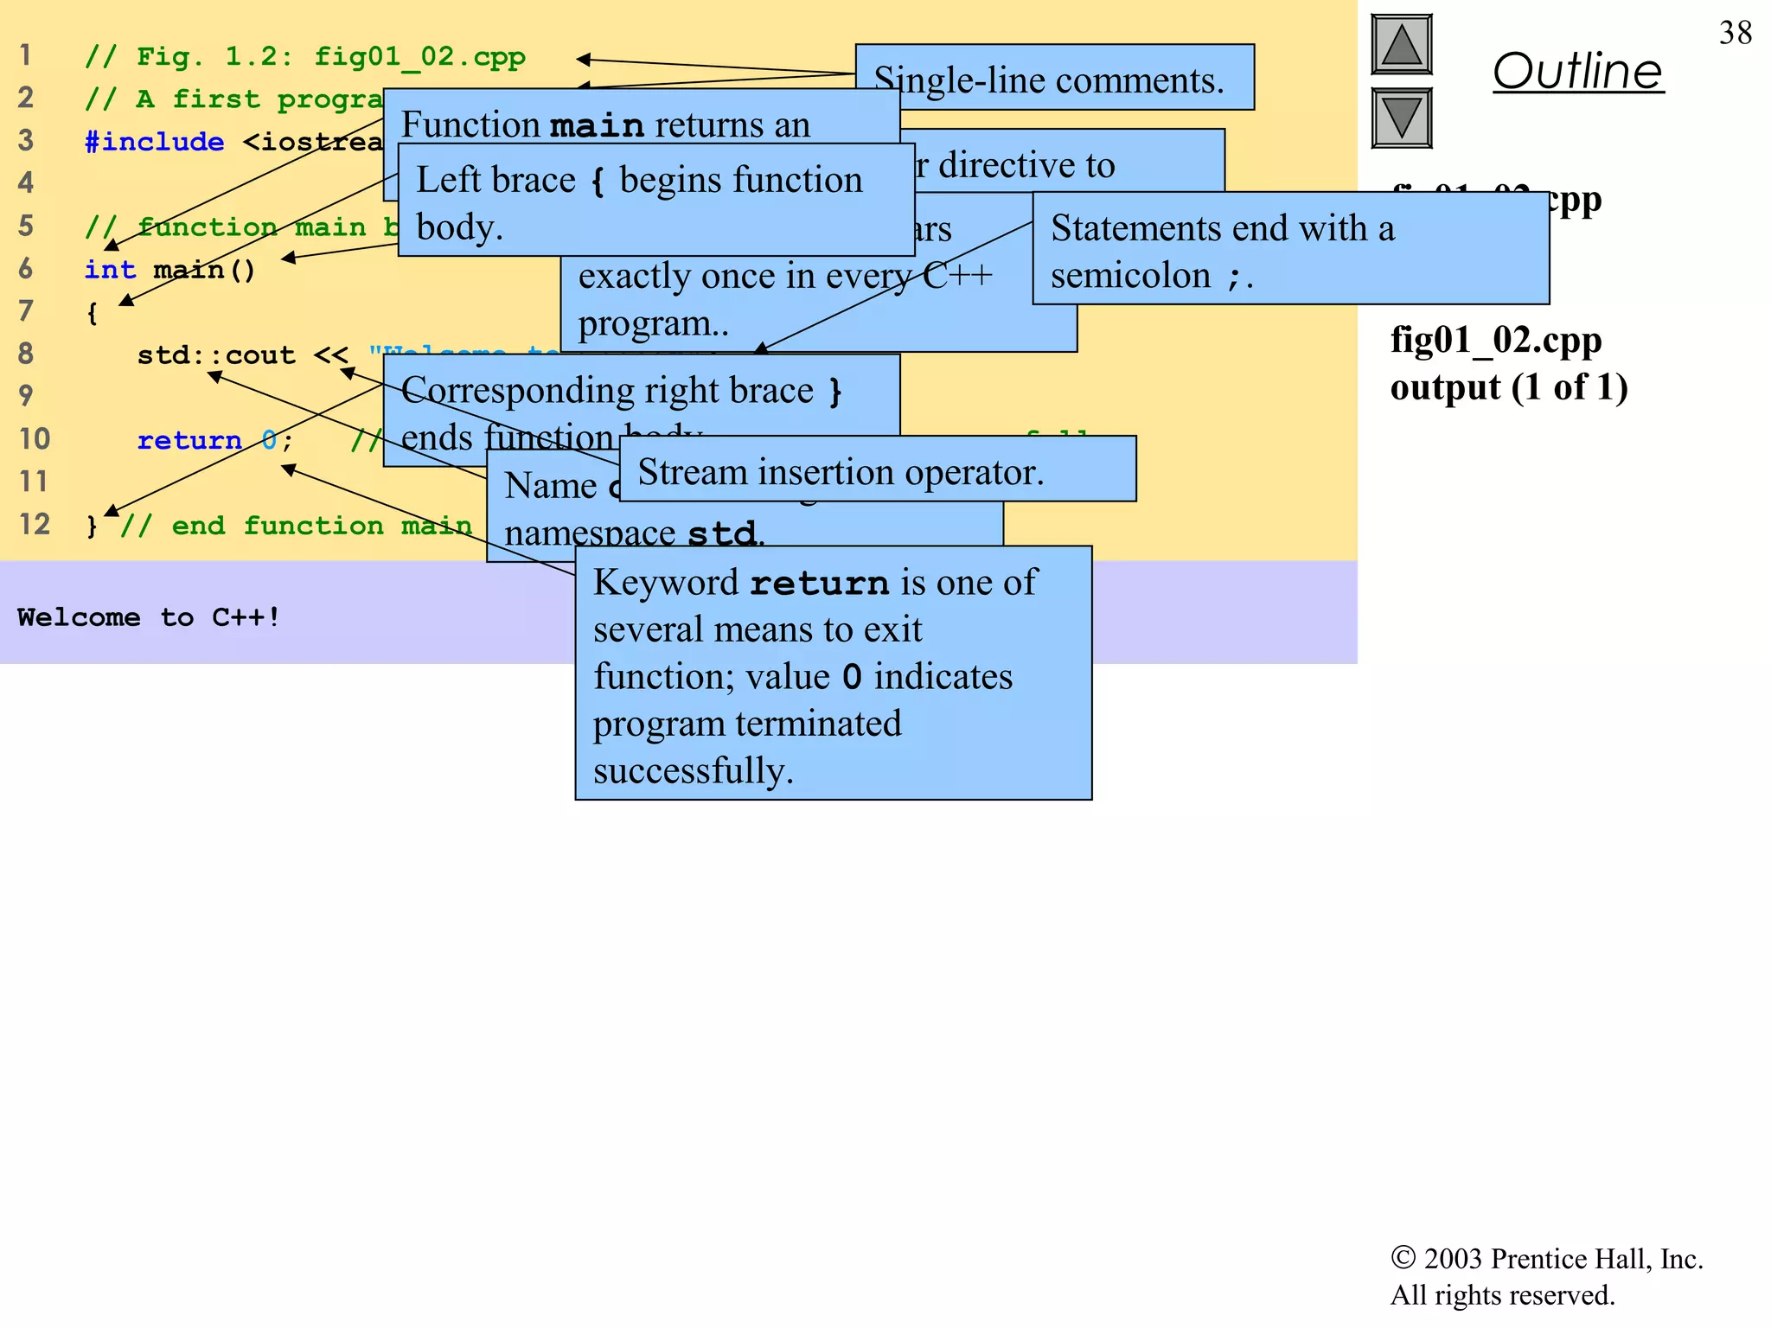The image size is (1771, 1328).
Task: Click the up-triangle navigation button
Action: pyautogui.click(x=1401, y=45)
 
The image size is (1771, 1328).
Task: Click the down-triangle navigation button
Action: pyautogui.click(x=1401, y=118)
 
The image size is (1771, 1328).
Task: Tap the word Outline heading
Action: pyautogui.click(x=1577, y=71)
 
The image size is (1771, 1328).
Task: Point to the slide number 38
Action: pyautogui.click(x=1735, y=33)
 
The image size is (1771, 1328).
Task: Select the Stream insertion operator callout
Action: pyautogui.click(x=877, y=471)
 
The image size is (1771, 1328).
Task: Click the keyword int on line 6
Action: pyautogui.click(x=110, y=270)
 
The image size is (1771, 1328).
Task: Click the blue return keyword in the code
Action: pyautogui.click(x=189, y=440)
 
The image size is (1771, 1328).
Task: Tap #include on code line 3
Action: pyautogui.click(x=154, y=141)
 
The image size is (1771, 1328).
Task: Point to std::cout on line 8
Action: pyautogui.click(x=215, y=354)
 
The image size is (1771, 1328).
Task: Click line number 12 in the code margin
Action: pyautogui.click(x=35, y=524)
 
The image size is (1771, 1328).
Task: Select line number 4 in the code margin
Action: pyautogui.click(x=26, y=182)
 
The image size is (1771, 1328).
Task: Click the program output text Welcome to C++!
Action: pyautogui.click(x=148, y=616)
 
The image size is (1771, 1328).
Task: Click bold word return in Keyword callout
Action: pyautogui.click(x=818, y=584)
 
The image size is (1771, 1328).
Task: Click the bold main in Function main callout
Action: pyautogui.click(x=597, y=126)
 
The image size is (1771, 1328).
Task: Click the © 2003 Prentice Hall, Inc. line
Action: pyautogui.click(x=1546, y=1259)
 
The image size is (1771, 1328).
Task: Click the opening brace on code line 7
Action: pyautogui.click(x=92, y=313)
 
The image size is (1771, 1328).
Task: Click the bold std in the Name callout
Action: pyautogui.click(x=721, y=533)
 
